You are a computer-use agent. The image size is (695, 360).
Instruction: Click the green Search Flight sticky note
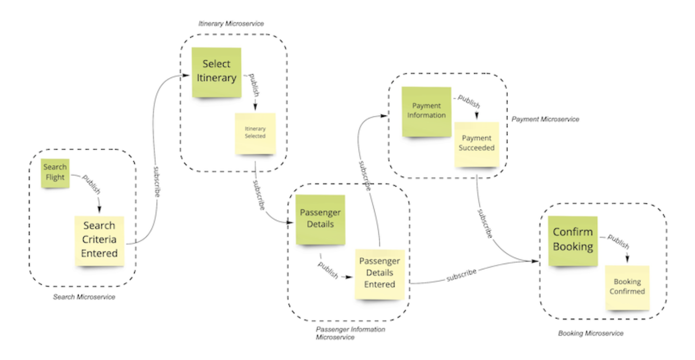(x=55, y=172)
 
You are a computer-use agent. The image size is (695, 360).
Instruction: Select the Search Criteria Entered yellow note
(x=99, y=240)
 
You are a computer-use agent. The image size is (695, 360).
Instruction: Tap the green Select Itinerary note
(x=216, y=72)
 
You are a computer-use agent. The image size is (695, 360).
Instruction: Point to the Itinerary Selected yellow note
(x=255, y=133)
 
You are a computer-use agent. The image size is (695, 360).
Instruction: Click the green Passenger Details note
(x=320, y=219)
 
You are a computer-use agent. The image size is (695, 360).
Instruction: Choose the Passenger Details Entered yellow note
(x=380, y=273)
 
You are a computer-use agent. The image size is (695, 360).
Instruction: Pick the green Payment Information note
(x=427, y=111)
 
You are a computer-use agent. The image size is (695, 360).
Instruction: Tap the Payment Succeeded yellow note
(x=477, y=143)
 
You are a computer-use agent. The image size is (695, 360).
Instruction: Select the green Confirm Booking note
(x=572, y=239)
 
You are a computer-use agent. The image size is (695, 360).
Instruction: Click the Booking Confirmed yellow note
(x=627, y=287)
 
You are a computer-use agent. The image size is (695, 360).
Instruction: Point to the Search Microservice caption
(x=84, y=297)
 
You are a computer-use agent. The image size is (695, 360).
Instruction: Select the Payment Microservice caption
(x=545, y=119)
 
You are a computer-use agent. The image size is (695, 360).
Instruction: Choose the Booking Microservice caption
(x=590, y=333)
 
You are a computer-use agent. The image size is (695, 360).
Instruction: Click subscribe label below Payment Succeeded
(x=485, y=223)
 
